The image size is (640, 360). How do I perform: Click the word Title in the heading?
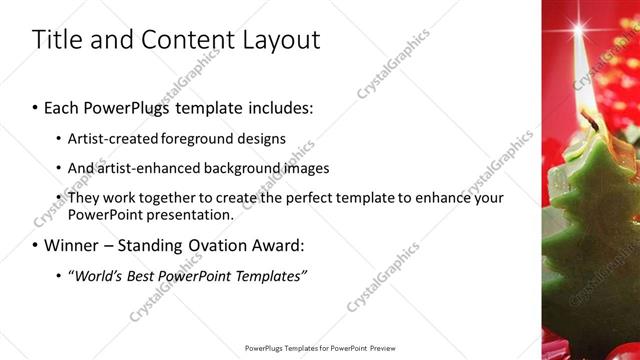tap(58, 40)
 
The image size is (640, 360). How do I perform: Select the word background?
tap(237, 168)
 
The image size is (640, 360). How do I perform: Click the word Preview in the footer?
tap(384, 349)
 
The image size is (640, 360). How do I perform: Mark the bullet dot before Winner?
tap(35, 246)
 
